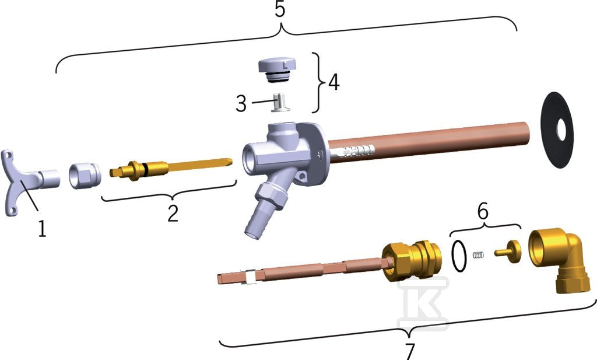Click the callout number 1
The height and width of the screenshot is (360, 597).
[42, 229]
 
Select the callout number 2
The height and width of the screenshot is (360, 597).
[173, 214]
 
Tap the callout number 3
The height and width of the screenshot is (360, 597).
[241, 103]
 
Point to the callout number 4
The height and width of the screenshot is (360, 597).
[334, 82]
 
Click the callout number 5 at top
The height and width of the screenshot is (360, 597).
[280, 9]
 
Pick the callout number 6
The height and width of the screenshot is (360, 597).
[483, 211]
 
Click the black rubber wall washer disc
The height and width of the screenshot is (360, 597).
[557, 130]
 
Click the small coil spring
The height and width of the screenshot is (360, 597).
[478, 255]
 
